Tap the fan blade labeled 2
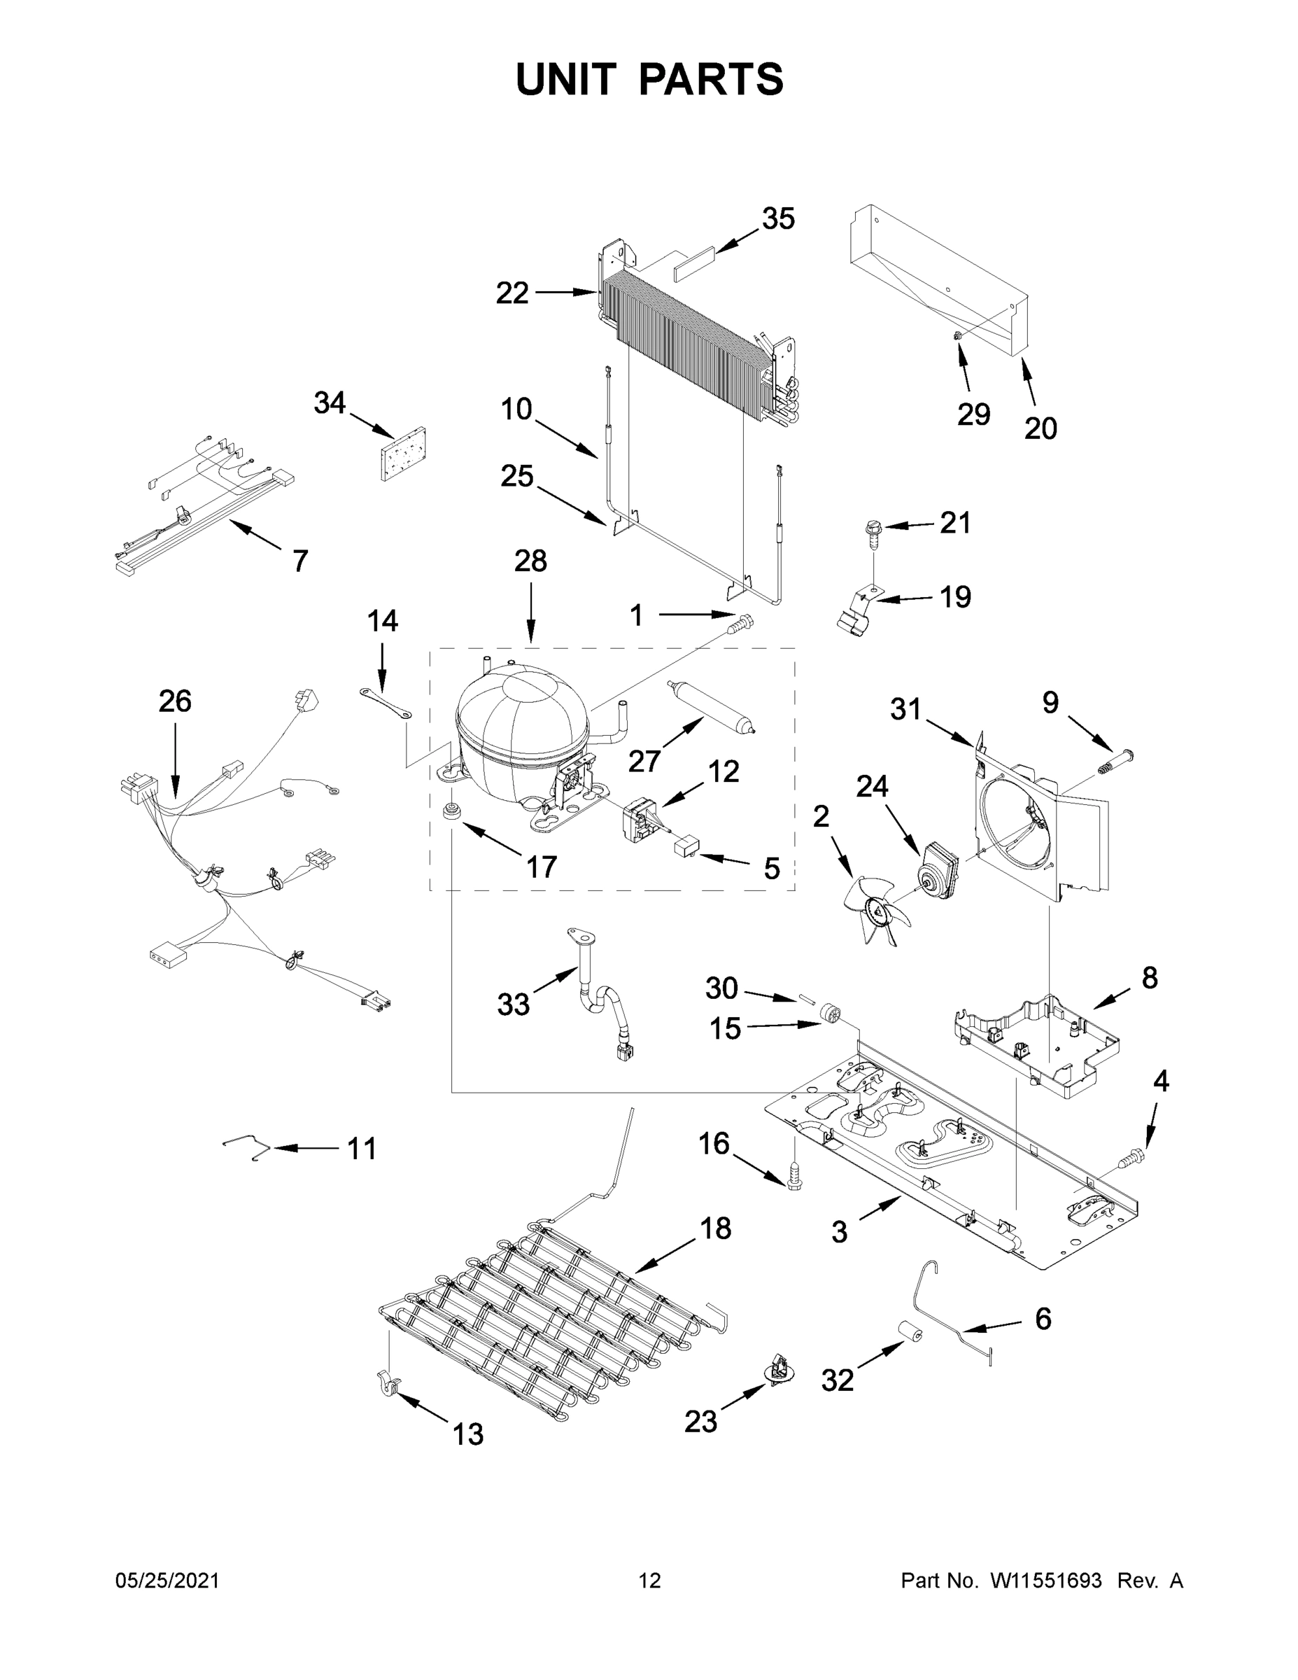click(x=877, y=912)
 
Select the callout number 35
click(x=777, y=219)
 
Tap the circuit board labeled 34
click(x=403, y=454)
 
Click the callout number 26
click(x=174, y=701)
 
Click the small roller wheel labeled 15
click(x=830, y=1014)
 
